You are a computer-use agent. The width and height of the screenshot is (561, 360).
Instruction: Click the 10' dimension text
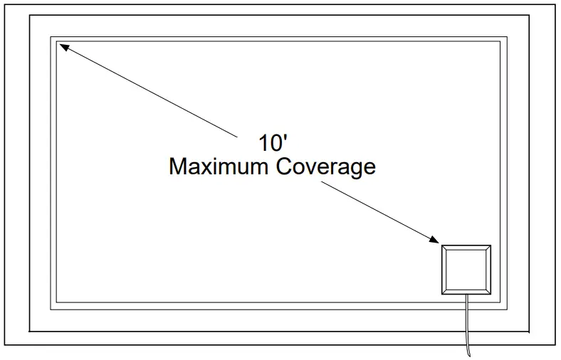pyautogui.click(x=271, y=143)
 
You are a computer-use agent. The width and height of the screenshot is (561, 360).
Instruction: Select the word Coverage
pyautogui.click(x=326, y=166)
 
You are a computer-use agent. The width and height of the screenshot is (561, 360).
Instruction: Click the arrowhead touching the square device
pyautogui.click(x=433, y=240)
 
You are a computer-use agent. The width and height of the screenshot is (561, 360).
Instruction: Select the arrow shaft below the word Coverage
pyautogui.click(x=377, y=210)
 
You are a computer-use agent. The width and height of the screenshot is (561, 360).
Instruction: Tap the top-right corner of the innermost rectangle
pyautogui.click(x=500, y=42)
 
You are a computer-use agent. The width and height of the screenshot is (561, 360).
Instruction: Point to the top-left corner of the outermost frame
pyautogui.click(x=6, y=6)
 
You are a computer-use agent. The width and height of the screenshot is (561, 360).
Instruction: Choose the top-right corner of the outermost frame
pyautogui.click(x=555, y=6)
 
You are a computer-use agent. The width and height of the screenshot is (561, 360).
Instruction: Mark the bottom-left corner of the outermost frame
pyautogui.click(x=6, y=345)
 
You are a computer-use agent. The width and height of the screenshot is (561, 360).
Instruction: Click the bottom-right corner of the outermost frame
pyautogui.click(x=555, y=345)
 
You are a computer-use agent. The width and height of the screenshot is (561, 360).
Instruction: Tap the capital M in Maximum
pyautogui.click(x=178, y=166)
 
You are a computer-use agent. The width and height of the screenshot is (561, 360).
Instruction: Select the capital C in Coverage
pyautogui.click(x=285, y=166)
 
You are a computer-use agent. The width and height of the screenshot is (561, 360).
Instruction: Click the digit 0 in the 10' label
pyautogui.click(x=274, y=143)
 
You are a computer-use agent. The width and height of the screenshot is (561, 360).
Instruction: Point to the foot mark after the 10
pyautogui.click(x=284, y=138)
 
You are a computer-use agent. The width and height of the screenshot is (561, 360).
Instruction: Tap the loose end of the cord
pyautogui.click(x=469, y=354)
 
